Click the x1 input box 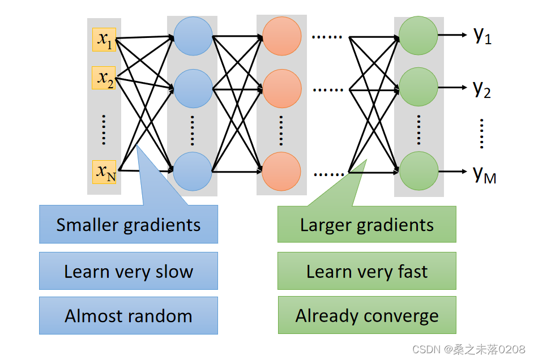[x=104, y=40]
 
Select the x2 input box [x=104, y=78]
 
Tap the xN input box [x=104, y=172]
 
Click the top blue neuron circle [x=193, y=36]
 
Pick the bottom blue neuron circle [x=193, y=171]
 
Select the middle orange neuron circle [x=282, y=89]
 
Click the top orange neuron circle [x=282, y=36]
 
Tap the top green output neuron [x=418, y=35]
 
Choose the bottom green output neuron [x=418, y=171]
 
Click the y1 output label [x=482, y=36]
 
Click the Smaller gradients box [x=129, y=225]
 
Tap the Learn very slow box [x=129, y=271]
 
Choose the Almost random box [x=129, y=315]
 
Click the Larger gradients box [x=366, y=225]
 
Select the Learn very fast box [x=366, y=271]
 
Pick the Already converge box [x=366, y=315]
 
